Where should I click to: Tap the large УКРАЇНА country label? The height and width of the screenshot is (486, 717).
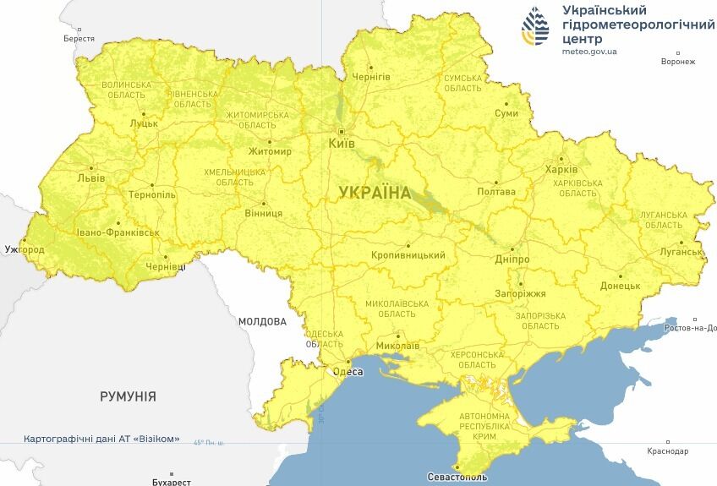(x=375, y=193)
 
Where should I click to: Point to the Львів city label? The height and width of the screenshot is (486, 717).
(x=91, y=178)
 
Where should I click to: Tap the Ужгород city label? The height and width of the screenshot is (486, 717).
(x=25, y=250)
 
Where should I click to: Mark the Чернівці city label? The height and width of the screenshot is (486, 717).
(x=166, y=266)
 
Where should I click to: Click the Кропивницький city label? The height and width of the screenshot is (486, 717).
(x=408, y=255)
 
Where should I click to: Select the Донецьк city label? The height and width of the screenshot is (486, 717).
(x=620, y=286)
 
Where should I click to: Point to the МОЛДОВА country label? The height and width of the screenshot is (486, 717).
(x=262, y=321)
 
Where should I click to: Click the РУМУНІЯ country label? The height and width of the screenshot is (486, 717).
(x=128, y=396)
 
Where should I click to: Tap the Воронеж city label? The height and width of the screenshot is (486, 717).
(x=678, y=62)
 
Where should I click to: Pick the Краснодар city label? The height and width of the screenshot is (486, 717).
(x=668, y=451)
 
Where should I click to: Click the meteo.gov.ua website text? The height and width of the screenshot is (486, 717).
(x=589, y=52)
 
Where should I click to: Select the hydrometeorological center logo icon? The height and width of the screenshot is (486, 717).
(x=535, y=26)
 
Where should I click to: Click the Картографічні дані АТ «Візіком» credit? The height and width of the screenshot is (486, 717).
(x=101, y=440)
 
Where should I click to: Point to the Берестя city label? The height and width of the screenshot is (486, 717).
(x=79, y=39)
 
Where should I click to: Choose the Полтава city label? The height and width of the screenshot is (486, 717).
(x=496, y=192)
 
